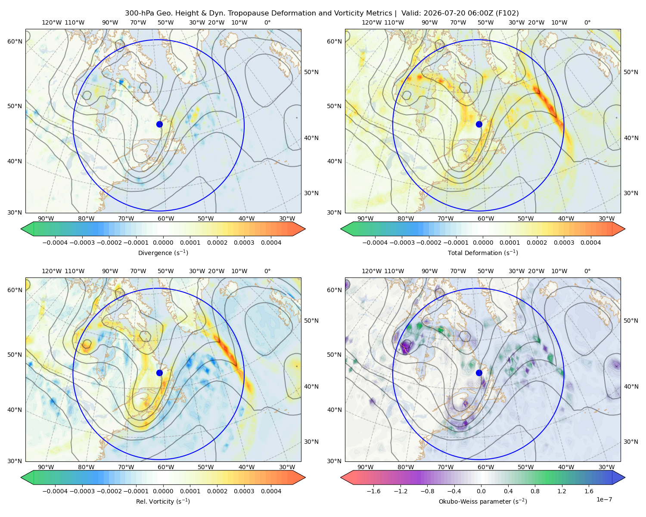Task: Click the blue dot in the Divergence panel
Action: (x=159, y=125)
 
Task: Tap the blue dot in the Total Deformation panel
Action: (x=479, y=125)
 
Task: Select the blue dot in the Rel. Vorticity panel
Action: (x=159, y=373)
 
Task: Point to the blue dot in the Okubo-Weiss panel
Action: (x=479, y=373)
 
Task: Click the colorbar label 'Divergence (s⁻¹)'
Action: (x=163, y=253)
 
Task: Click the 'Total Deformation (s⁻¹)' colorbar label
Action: (x=483, y=253)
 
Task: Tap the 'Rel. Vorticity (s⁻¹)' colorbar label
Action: (x=163, y=501)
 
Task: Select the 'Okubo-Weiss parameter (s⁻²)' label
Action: (x=483, y=501)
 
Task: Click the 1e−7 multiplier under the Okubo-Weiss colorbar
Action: (x=604, y=500)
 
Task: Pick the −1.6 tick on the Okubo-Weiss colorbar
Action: (x=373, y=491)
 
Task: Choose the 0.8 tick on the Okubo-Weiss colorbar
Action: (x=535, y=491)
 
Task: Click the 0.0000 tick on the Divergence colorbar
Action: (x=163, y=243)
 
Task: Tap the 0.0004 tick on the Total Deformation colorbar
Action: (x=590, y=243)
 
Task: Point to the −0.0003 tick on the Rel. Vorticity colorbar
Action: (x=82, y=491)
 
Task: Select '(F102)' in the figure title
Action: (x=507, y=13)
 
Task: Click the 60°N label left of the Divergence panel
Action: (x=15, y=41)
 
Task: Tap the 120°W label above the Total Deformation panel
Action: (x=371, y=22)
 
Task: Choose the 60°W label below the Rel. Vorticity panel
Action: (x=166, y=467)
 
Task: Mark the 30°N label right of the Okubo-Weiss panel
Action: (x=630, y=442)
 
